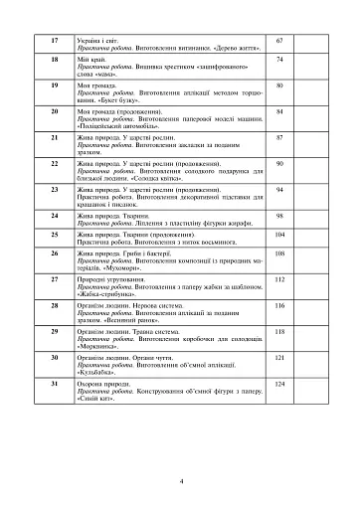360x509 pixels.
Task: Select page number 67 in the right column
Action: coord(279,40)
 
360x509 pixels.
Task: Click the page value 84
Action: coord(279,112)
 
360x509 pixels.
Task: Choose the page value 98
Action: coord(279,215)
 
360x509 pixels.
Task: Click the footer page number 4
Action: coord(180,480)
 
